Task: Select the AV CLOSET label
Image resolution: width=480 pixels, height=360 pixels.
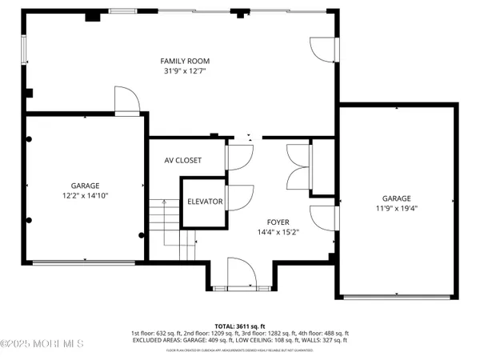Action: pos(183,160)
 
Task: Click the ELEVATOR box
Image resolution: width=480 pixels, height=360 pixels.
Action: pos(205,202)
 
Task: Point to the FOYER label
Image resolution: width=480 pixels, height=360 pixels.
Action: pos(278,222)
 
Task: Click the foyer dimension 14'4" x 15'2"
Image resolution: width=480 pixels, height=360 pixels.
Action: pos(278,232)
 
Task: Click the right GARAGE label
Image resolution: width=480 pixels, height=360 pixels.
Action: pos(396,198)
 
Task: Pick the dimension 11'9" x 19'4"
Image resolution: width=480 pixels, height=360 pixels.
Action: pos(396,209)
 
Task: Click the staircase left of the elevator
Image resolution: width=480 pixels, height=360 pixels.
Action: pos(163,228)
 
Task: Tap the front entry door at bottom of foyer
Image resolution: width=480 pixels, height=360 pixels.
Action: pos(240,274)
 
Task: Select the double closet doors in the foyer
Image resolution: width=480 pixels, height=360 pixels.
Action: pos(297,166)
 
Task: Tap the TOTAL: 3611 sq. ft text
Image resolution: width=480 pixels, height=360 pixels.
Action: pos(240,326)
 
